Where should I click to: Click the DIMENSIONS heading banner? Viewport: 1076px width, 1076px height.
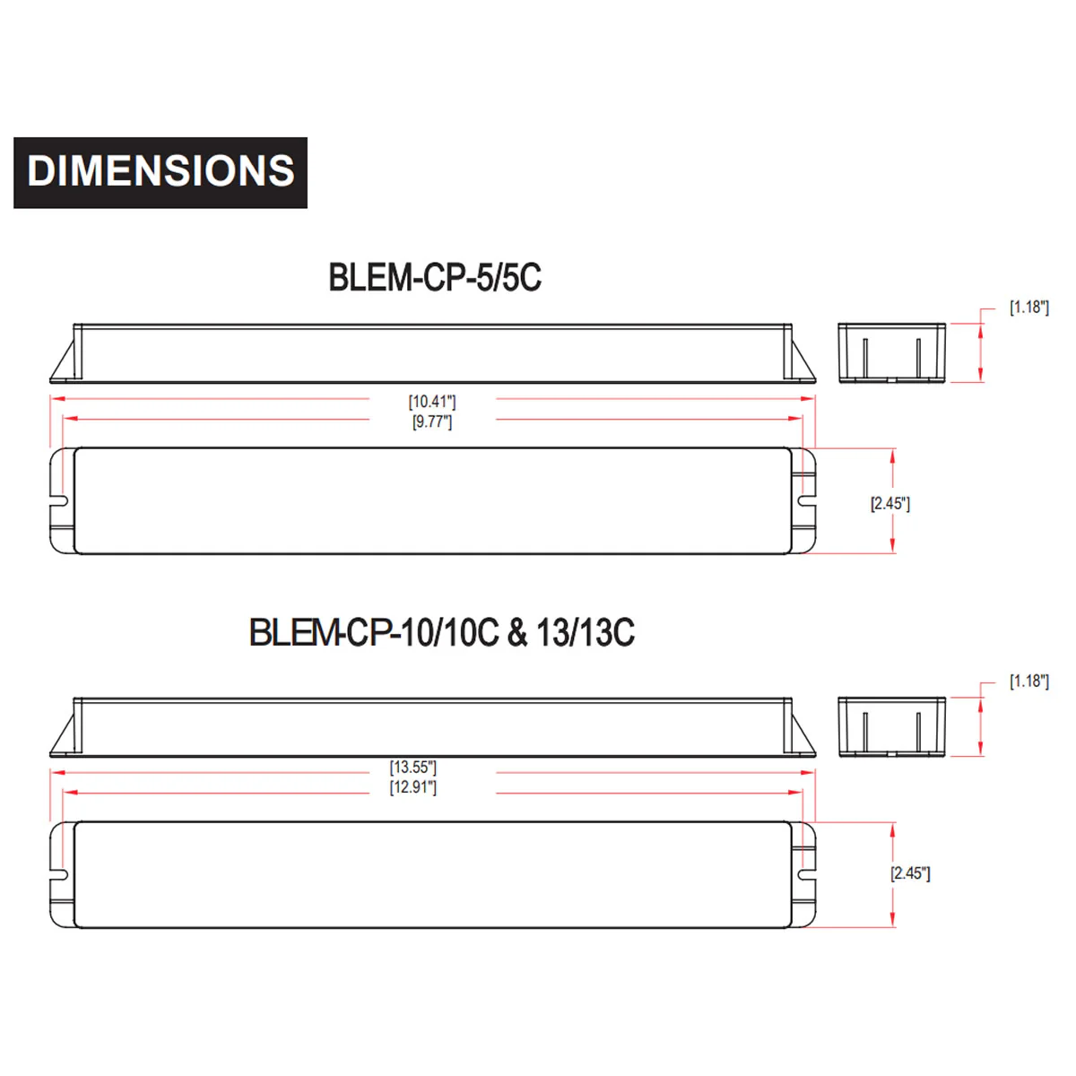pyautogui.click(x=161, y=172)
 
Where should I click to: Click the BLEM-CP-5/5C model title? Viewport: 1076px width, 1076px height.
pyautogui.click(x=434, y=277)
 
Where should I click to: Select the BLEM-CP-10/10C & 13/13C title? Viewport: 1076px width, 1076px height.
pyautogui.click(x=442, y=633)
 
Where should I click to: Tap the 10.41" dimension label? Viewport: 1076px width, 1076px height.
pyautogui.click(x=431, y=402)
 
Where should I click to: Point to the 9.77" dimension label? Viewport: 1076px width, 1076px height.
pyautogui.click(x=431, y=421)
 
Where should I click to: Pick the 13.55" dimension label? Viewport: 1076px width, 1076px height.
pyautogui.click(x=412, y=768)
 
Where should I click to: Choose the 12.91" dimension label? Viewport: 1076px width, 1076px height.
pyautogui.click(x=412, y=787)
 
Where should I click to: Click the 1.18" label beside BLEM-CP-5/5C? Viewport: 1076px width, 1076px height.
pyautogui.click(x=1028, y=308)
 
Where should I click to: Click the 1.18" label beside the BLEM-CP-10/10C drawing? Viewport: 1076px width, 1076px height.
pyautogui.click(x=1028, y=681)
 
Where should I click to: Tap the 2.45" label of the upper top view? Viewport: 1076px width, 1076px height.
pyautogui.click(x=889, y=504)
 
